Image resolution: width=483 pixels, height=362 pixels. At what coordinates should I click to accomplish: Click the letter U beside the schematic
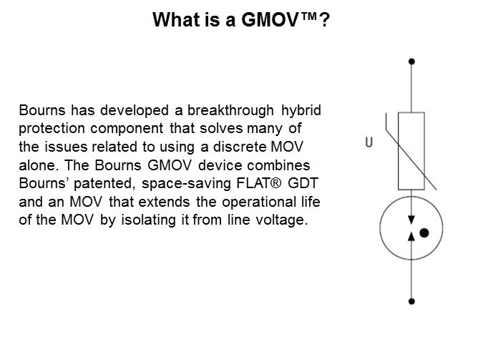click(x=369, y=142)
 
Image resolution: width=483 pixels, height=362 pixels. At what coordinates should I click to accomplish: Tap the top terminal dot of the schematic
click(x=411, y=62)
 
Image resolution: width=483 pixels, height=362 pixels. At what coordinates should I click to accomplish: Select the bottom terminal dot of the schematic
click(x=411, y=301)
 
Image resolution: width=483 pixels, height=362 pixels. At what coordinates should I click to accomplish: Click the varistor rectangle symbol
click(x=411, y=148)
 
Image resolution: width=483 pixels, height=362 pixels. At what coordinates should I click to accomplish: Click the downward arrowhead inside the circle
click(x=411, y=222)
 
